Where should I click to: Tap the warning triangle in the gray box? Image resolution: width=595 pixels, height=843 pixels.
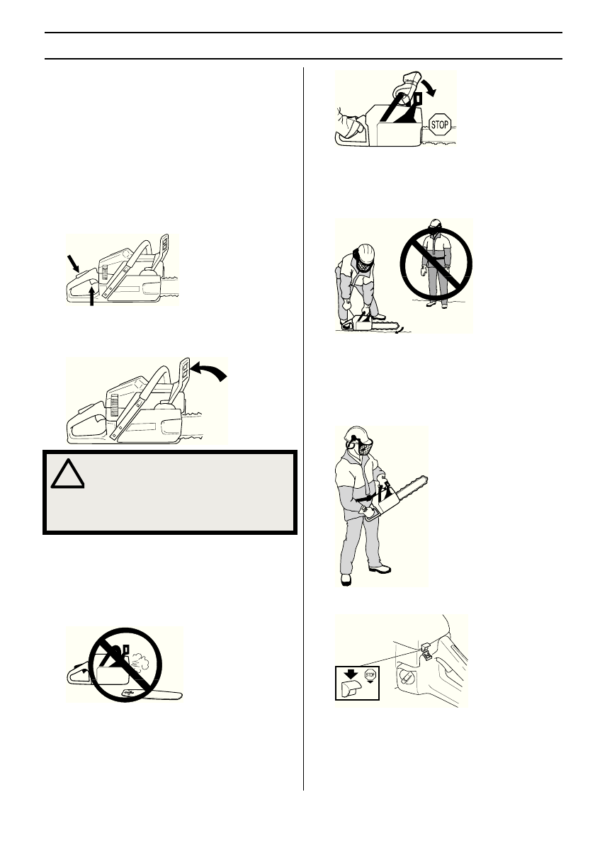[x=68, y=473]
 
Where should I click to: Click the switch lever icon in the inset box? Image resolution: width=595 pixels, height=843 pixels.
[x=350, y=691]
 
